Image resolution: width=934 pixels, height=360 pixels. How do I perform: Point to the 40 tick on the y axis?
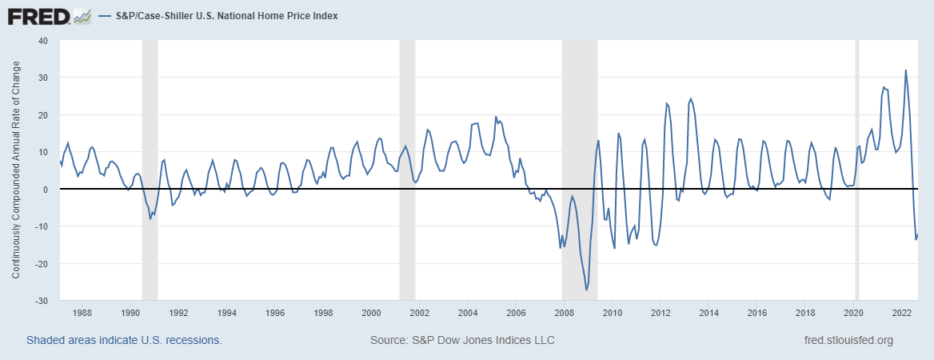coord(43,40)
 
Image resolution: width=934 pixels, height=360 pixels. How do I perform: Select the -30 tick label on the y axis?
coord(41,301)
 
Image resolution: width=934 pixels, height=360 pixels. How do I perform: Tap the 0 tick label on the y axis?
coord(46,189)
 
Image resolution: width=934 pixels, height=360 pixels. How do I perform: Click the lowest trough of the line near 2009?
coord(586,290)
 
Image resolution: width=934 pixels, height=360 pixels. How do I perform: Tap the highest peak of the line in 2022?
coord(905,70)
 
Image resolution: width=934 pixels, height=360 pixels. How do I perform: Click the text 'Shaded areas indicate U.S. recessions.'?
coord(124,341)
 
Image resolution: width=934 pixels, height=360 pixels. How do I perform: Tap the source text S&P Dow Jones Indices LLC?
coord(462,341)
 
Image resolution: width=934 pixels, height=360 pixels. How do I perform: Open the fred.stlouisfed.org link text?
coord(848,341)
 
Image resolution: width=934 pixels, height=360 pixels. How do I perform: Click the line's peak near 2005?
coord(496,117)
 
